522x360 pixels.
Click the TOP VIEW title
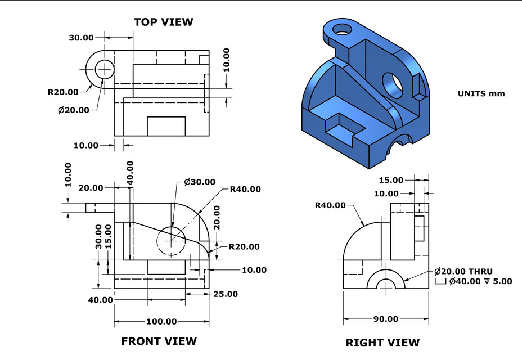click(163, 22)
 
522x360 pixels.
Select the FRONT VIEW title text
click(159, 341)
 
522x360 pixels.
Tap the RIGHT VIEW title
click(382, 343)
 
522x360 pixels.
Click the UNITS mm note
click(481, 93)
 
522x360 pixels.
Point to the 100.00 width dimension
click(161, 322)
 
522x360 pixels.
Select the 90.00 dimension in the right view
click(385, 319)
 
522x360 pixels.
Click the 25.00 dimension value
click(225, 294)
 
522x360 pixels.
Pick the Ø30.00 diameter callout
click(200, 182)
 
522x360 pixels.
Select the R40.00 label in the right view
click(330, 205)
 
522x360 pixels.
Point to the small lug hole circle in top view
click(104, 69)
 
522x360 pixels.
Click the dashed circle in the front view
click(170, 241)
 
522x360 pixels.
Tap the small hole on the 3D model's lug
click(341, 29)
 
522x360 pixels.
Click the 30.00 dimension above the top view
click(81, 38)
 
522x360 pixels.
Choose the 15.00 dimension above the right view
click(391, 181)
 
